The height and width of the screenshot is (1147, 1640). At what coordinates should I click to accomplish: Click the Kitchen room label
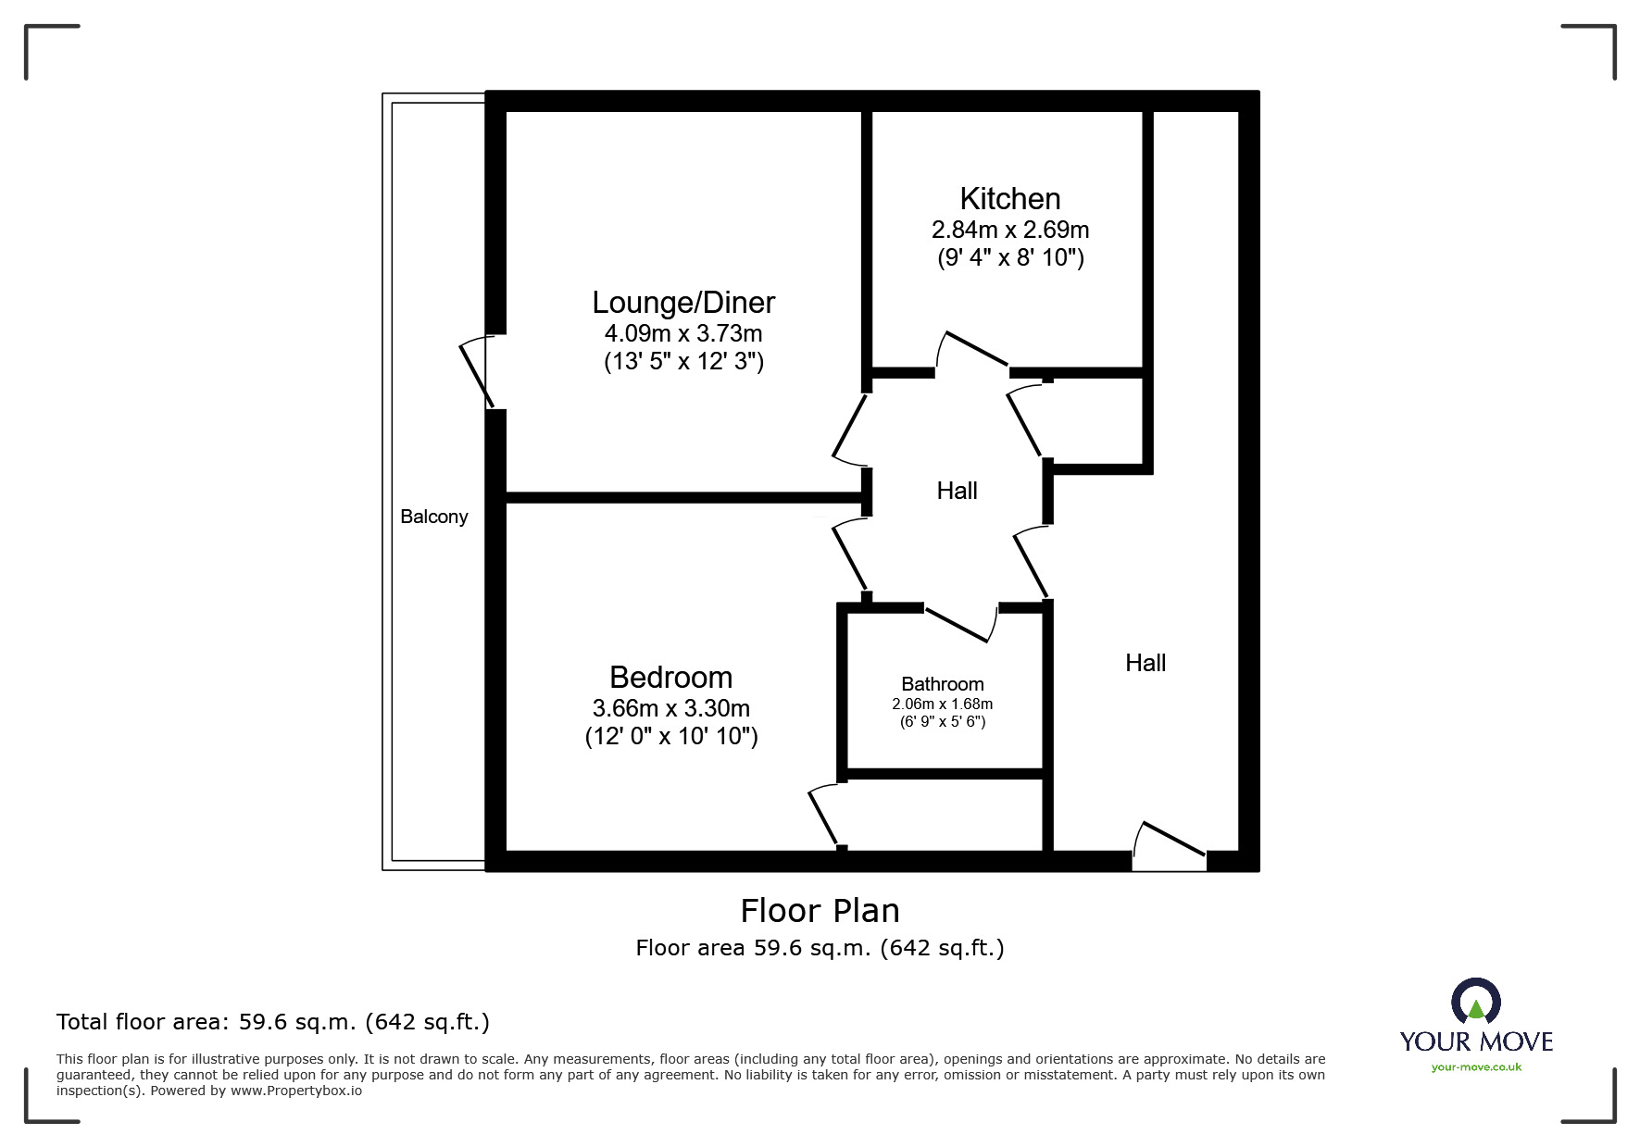[x=1009, y=198]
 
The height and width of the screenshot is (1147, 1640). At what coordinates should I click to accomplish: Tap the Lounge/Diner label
[x=683, y=302]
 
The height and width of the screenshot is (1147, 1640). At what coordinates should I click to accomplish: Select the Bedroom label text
[x=670, y=677]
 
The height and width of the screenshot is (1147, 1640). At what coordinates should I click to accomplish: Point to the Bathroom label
[x=942, y=684]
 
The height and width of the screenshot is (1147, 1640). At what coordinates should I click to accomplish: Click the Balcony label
[x=433, y=517]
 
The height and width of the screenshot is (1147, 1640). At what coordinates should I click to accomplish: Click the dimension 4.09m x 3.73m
[x=683, y=333]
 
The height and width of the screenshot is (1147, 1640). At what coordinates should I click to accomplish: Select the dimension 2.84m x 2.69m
[x=1009, y=230]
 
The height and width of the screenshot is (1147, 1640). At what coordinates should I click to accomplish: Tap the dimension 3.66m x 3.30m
[x=670, y=708]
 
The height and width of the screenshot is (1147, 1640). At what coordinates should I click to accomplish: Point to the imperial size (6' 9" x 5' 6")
[x=942, y=722]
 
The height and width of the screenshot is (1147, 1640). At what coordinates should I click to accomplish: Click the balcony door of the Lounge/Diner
[x=477, y=372]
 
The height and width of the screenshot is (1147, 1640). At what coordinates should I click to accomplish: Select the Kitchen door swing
[x=972, y=350]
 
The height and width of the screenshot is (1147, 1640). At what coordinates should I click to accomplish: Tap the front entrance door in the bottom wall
[x=1170, y=846]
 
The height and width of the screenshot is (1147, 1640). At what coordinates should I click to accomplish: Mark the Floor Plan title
[x=820, y=911]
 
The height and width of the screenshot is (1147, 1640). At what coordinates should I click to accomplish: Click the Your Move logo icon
[x=1475, y=1002]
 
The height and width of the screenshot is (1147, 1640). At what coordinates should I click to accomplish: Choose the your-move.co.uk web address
[x=1476, y=1067]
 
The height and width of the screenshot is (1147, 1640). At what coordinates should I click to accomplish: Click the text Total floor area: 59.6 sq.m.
[x=272, y=1022]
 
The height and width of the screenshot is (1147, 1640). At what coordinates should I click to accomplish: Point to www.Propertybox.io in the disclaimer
[x=295, y=1091]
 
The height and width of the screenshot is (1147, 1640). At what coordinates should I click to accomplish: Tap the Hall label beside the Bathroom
[x=1145, y=663]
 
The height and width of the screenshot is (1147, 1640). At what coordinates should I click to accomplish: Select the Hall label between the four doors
[x=957, y=491]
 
